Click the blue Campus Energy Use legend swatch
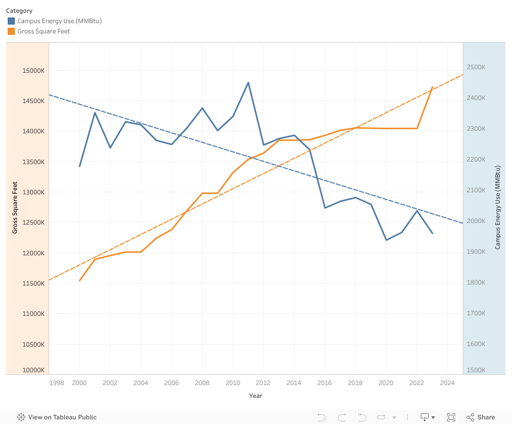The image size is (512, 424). pos(11,21)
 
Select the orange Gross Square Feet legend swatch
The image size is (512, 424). pos(11,31)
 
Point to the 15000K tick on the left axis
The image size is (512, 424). pos(34,71)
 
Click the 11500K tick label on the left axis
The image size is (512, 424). pos(34,284)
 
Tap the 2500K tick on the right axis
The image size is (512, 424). pos(476,67)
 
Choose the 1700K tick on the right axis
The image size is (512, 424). pos(476,313)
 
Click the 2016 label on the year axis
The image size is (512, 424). pos(324,383)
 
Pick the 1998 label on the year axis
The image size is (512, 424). pos(57,383)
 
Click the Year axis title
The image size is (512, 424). pos(255,396)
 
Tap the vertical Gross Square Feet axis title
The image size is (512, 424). pos(15,208)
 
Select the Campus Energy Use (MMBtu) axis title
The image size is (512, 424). pos(498,208)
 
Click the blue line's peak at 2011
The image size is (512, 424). pos(248,83)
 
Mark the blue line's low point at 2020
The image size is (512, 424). pos(386,240)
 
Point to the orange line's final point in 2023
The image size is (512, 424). pos(433,87)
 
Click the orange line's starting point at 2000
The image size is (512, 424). pos(79,280)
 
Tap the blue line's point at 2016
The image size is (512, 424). pos(325,208)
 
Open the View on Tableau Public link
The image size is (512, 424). pos(57,417)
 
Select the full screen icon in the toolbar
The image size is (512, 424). pos(451,417)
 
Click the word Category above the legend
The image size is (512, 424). pos(19,11)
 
